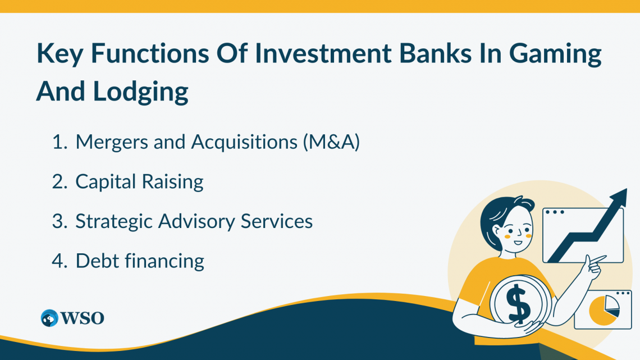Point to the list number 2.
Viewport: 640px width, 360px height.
pyautogui.click(x=59, y=182)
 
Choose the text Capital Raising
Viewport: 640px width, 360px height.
pyautogui.click(x=139, y=182)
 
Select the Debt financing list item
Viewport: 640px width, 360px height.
pyautogui.click(x=139, y=261)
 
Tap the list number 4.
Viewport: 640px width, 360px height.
pyautogui.click(x=59, y=261)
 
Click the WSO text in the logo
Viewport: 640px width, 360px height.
pyautogui.click(x=83, y=318)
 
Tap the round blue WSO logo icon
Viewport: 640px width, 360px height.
pyautogui.click(x=49, y=318)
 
